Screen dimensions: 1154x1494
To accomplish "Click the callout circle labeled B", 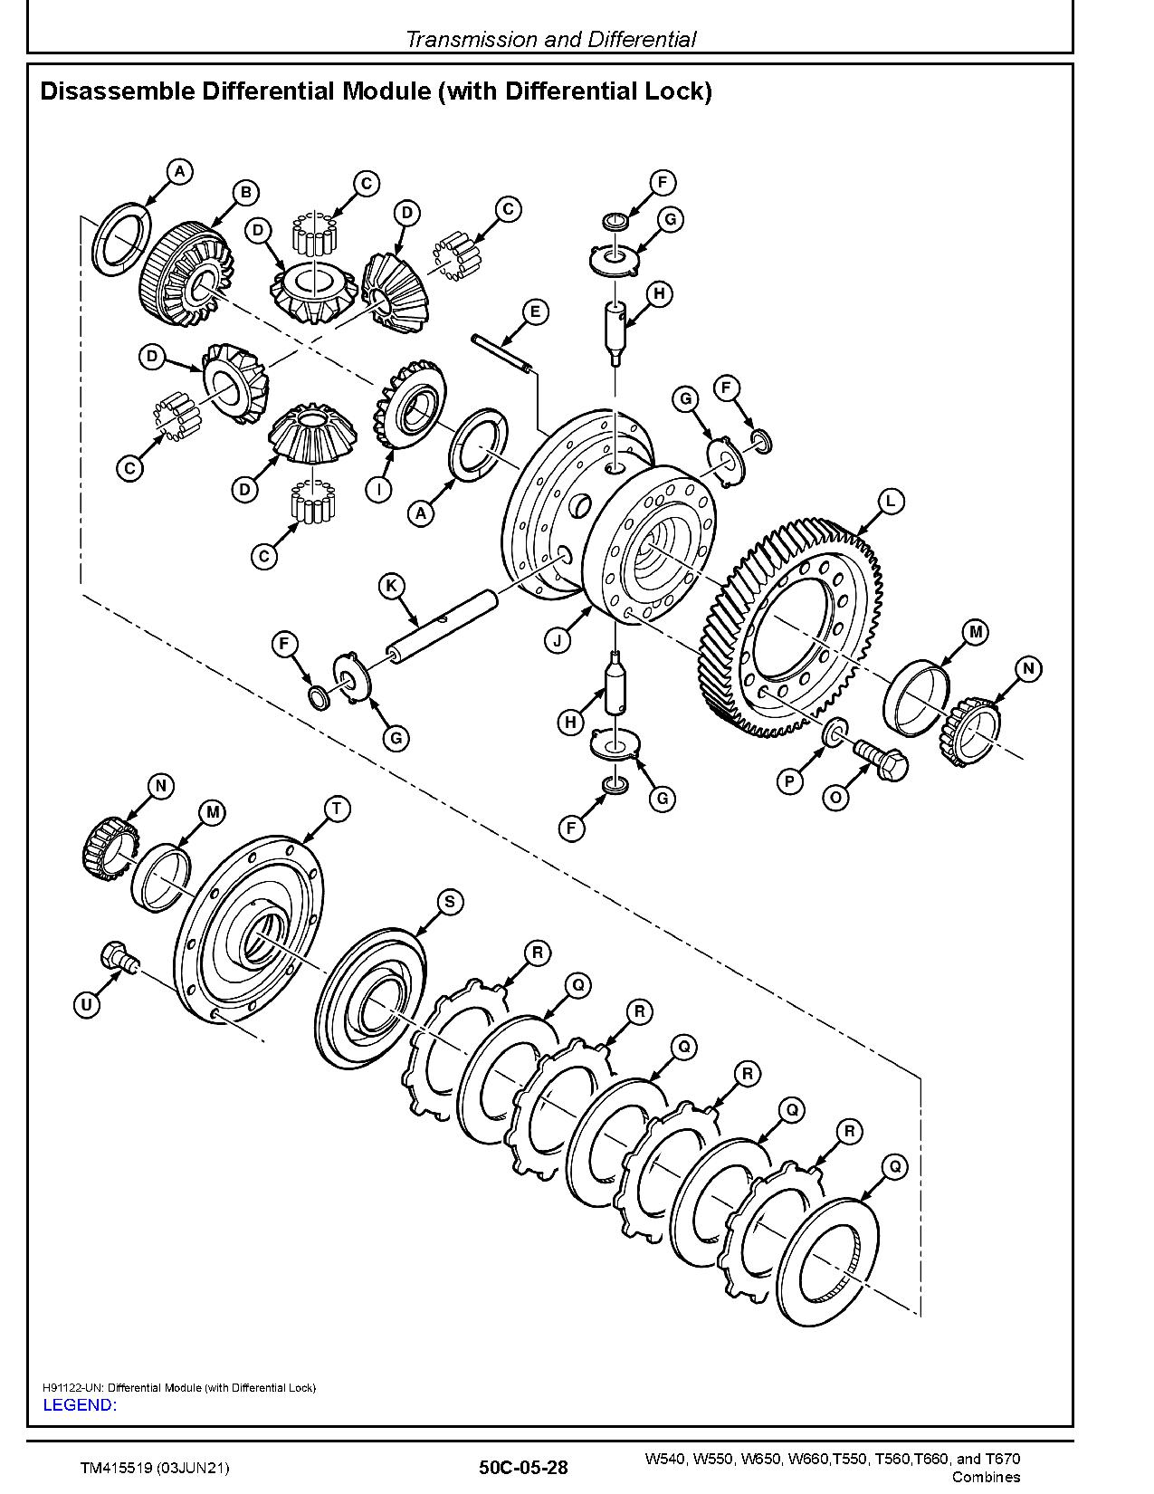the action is click(x=246, y=193).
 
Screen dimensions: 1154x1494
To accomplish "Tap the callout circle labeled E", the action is click(x=535, y=312).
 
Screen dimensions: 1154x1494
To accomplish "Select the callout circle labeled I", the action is click(x=378, y=489).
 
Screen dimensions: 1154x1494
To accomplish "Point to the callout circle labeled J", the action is click(x=558, y=641).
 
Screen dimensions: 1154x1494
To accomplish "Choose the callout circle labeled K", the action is click(x=391, y=587).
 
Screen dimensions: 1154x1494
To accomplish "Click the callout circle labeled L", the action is click(x=891, y=502).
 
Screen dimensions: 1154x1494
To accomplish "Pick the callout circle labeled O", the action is click(x=835, y=798).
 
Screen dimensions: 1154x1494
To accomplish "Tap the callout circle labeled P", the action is click(x=789, y=781).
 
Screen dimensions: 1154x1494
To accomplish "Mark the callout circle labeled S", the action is click(x=450, y=902).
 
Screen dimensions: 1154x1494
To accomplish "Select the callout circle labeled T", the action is click(x=337, y=809).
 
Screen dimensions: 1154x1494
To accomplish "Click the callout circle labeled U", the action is click(x=87, y=1005).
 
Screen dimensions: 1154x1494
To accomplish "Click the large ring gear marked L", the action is click(x=790, y=627).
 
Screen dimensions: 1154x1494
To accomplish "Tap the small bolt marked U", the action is click(x=119, y=957).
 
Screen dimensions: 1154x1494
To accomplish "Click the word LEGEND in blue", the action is click(x=80, y=1404).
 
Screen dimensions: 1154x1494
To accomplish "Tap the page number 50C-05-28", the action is click(x=524, y=1468).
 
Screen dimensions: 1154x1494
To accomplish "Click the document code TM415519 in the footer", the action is click(x=118, y=1469).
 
